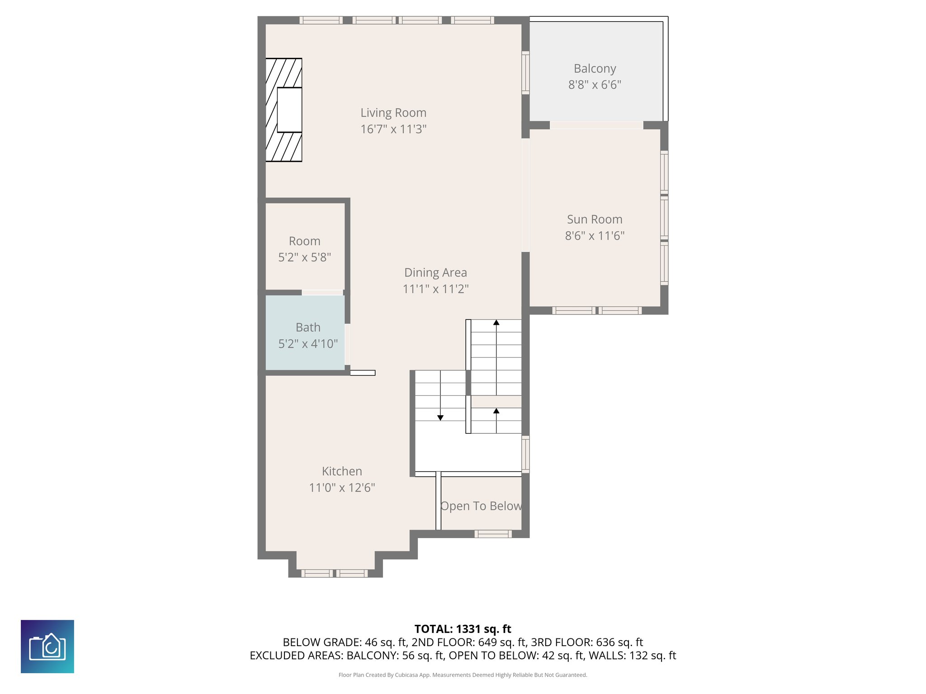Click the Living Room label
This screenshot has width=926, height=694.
[393, 113]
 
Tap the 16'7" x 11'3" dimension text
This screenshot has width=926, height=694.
[393, 129]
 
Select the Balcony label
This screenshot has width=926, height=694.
[595, 69]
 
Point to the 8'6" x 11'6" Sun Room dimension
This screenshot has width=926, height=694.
[595, 236]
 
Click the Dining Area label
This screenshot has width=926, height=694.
[435, 273]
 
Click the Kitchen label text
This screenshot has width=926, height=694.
[342, 471]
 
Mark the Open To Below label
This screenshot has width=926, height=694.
[481, 506]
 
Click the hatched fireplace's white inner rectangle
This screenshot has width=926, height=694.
[289, 110]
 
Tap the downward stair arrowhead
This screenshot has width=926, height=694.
[440, 418]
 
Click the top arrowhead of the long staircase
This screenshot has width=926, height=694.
[496, 323]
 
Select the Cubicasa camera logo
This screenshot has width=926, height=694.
[47, 647]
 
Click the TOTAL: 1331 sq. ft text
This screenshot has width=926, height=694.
[463, 629]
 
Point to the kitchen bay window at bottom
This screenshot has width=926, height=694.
[335, 573]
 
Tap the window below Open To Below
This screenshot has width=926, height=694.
[493, 534]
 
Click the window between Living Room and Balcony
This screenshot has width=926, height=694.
[525, 73]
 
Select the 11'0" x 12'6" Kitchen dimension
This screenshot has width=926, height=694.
[342, 488]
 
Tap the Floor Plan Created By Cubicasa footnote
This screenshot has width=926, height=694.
[463, 675]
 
